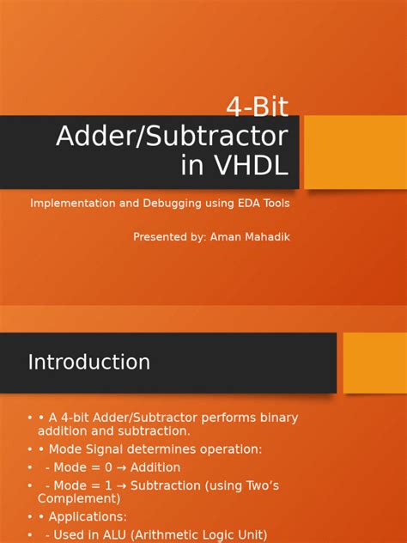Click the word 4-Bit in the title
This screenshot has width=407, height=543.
click(x=257, y=107)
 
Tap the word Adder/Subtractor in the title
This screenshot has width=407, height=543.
click(x=172, y=136)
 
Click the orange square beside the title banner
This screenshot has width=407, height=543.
click(x=355, y=152)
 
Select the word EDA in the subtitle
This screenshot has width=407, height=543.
click(x=245, y=204)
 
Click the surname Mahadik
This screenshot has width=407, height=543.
click(x=267, y=236)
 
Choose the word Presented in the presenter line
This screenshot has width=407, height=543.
click(x=161, y=236)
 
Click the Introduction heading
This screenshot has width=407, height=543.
click(x=88, y=363)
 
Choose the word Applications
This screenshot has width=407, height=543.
click(x=87, y=517)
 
